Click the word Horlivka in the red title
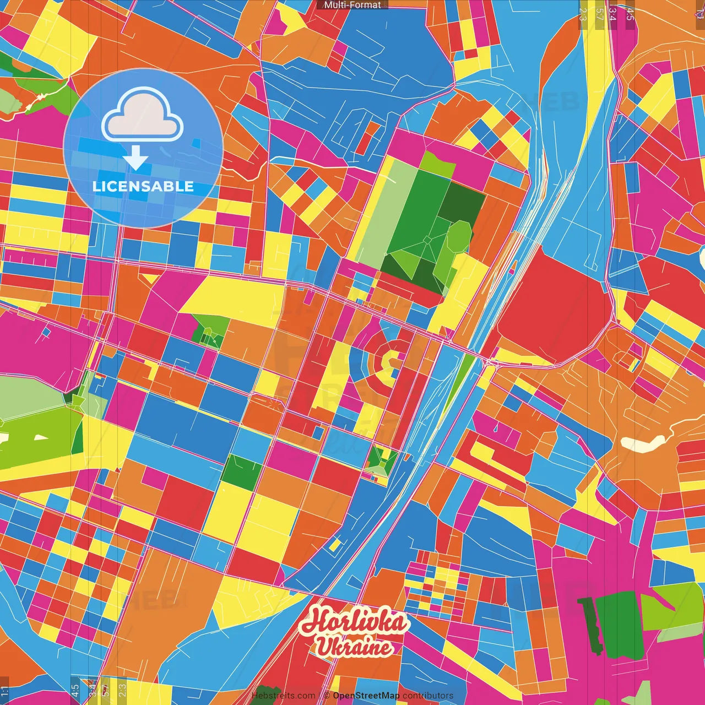(x=355, y=622)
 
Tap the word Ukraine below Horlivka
(x=355, y=647)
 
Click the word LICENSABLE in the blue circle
(x=143, y=186)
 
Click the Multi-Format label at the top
(x=352, y=5)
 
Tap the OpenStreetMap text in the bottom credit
(x=366, y=696)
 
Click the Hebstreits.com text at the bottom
(x=283, y=696)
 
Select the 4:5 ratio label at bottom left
(x=75, y=690)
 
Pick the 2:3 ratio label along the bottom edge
(x=122, y=690)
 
